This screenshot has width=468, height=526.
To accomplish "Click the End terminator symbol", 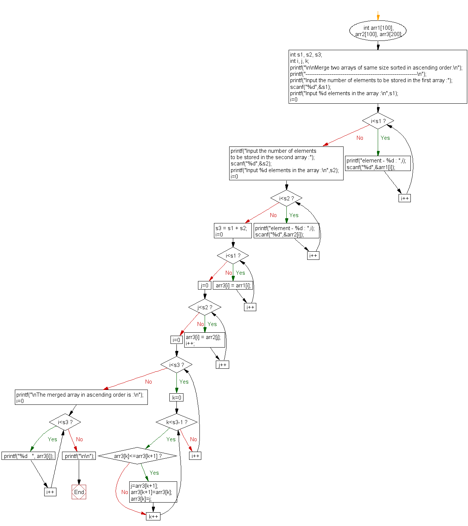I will point(79,492).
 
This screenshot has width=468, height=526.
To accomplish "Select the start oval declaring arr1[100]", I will point(378,31).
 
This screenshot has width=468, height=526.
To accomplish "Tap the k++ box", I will point(153,516).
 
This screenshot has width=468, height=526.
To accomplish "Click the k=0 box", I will point(176,397).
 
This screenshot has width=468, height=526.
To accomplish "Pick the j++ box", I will point(222,365).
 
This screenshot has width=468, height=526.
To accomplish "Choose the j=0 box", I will point(205,285).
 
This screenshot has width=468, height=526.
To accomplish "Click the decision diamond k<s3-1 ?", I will point(176,422).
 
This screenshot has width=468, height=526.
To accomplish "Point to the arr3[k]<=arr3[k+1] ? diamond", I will point(137,456).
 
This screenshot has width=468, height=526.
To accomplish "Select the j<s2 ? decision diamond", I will point(205,307).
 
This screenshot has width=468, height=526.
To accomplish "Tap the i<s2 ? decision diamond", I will point(286,199).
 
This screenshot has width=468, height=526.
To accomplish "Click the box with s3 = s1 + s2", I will point(231,231).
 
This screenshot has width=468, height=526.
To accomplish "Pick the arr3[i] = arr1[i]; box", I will point(233,285).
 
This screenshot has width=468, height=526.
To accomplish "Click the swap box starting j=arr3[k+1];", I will point(153,492).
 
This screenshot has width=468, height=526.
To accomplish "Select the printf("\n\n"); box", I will point(79,456).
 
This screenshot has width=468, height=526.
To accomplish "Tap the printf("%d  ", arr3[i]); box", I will point(29,456).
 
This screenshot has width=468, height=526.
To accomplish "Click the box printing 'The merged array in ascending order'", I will point(81,397).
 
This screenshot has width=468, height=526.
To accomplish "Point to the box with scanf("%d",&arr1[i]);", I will point(378,164).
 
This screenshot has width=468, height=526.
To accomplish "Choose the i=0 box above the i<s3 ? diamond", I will point(176,340).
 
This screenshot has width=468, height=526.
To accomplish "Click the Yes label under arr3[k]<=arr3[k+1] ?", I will point(154,473).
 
